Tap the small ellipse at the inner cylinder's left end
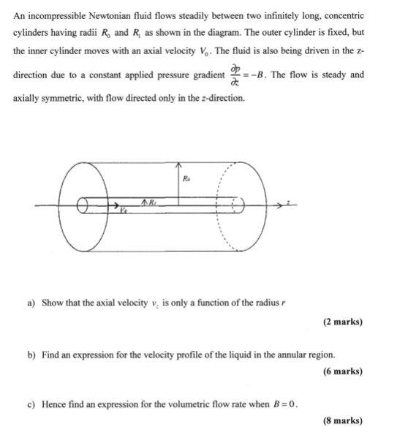(84, 207)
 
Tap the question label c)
(33, 403)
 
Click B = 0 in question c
(284, 403)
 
